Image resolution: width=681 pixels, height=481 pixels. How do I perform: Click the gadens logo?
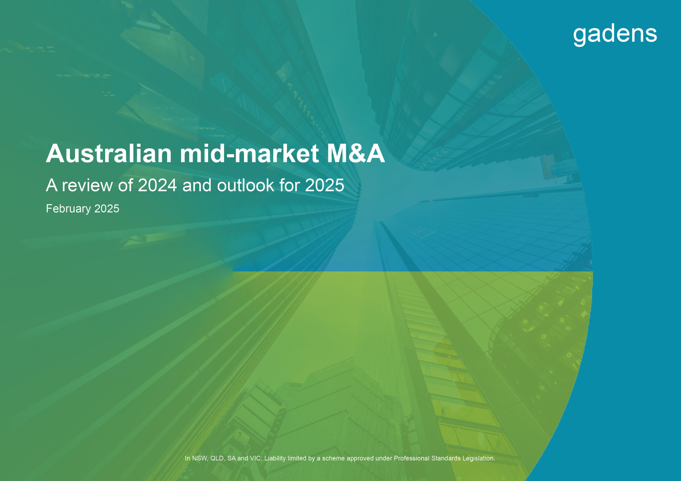click(x=615, y=35)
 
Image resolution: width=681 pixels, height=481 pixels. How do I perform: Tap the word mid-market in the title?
click(x=250, y=154)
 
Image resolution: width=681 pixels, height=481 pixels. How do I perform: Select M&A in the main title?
click(x=356, y=154)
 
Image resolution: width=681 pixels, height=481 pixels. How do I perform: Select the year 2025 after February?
click(x=107, y=209)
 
